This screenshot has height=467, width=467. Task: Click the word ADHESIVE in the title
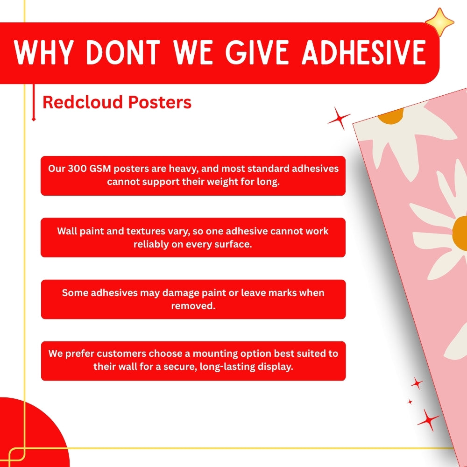coord(364,52)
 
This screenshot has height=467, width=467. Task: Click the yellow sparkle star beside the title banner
coord(440,22)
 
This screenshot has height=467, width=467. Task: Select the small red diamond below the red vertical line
coord(33,120)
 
